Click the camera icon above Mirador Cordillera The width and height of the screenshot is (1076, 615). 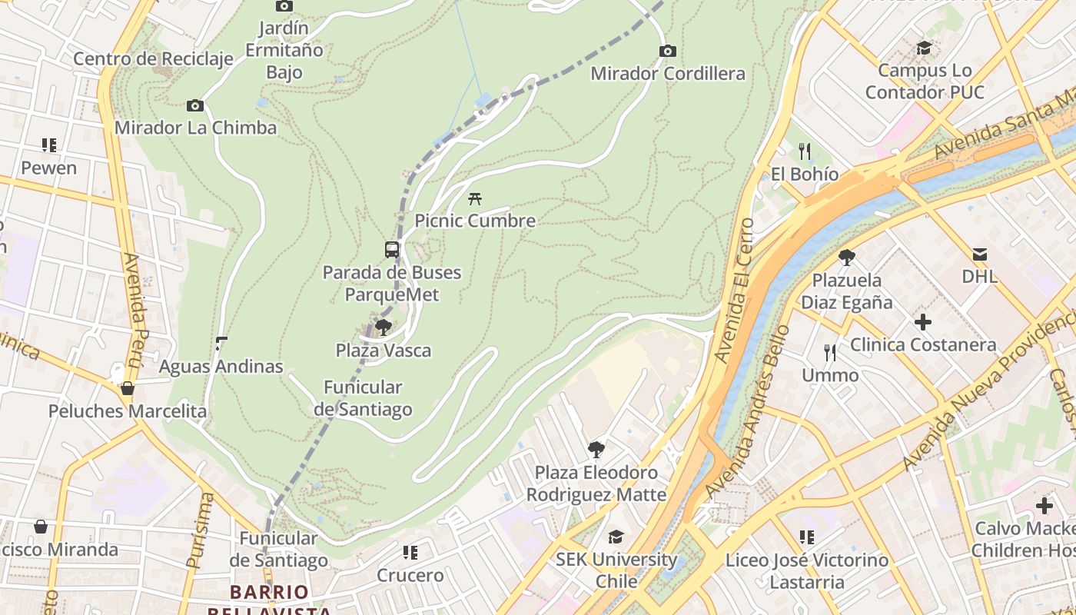coord(668,52)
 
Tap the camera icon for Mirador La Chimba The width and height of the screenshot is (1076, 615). coord(195,105)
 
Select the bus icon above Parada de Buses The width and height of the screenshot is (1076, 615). coord(392,250)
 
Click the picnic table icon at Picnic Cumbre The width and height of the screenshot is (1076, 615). coord(475,198)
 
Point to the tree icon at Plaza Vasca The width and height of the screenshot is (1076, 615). coord(383,327)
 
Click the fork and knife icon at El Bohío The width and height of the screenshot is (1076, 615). coord(805,151)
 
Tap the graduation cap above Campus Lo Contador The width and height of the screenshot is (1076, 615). coord(924,48)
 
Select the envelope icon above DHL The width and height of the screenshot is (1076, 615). coord(979,254)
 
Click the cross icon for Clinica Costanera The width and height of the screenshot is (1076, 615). coord(923,321)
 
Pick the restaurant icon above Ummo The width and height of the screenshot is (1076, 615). coord(830,352)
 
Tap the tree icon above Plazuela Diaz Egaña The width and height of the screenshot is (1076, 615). coord(847,257)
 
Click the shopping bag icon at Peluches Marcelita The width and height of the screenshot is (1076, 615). coord(128,388)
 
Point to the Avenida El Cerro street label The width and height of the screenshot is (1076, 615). coord(733,291)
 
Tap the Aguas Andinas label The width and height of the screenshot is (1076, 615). coord(221,367)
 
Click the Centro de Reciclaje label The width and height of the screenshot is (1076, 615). coord(153,59)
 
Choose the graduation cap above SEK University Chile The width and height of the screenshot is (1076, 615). coord(616,536)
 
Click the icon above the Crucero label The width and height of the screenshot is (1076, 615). coord(410,552)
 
